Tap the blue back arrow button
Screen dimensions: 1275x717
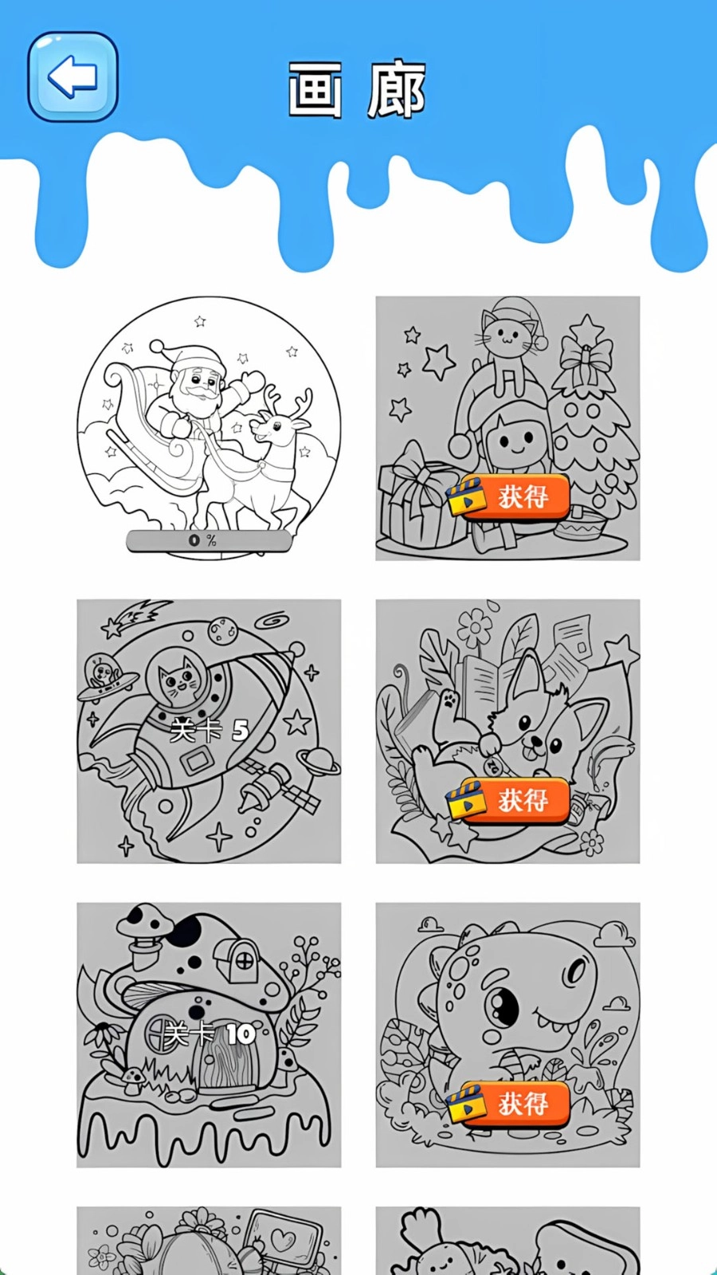pyautogui.click(x=72, y=77)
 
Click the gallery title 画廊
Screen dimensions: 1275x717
pyautogui.click(x=357, y=90)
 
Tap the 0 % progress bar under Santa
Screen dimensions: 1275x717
pyautogui.click(x=209, y=541)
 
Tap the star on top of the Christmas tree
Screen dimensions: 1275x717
pyautogui.click(x=588, y=328)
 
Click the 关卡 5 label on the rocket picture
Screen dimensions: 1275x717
pyautogui.click(x=210, y=729)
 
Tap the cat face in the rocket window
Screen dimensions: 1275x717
pyautogui.click(x=179, y=678)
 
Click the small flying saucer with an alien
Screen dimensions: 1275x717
pyautogui.click(x=104, y=676)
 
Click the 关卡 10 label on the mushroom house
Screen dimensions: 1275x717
pyautogui.click(x=210, y=1034)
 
